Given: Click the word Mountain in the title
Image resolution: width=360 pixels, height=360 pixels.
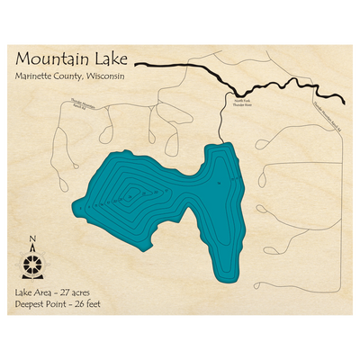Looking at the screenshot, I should (51, 60).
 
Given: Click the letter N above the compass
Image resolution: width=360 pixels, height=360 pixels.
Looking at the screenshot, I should (33, 239).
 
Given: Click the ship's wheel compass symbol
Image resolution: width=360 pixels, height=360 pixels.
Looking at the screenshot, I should (33, 265).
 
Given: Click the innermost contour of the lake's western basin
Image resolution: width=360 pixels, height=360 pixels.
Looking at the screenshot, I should (133, 192).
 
